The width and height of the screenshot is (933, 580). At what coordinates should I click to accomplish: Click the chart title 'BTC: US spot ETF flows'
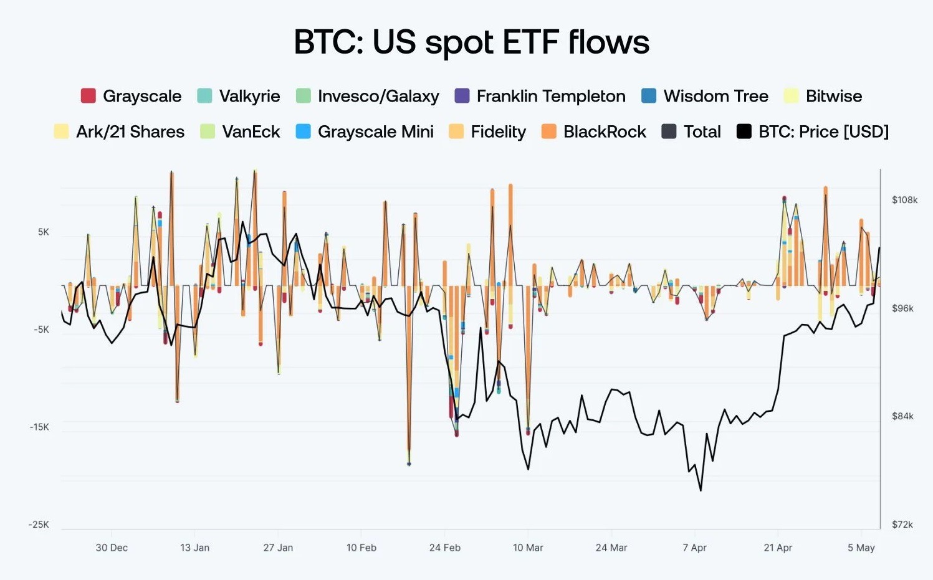471,42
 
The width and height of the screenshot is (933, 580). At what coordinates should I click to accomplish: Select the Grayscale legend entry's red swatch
89,96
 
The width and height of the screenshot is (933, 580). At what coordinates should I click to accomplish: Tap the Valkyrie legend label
249,96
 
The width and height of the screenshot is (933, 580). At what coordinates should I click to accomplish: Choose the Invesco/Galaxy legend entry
378,96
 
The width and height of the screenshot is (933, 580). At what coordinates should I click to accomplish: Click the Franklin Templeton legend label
550,96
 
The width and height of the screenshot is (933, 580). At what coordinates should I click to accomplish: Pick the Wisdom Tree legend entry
715,96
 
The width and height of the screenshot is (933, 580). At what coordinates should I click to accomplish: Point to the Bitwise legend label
833,96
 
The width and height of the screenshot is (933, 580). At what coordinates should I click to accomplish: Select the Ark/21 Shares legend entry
130,131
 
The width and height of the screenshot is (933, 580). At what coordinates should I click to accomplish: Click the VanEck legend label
251,131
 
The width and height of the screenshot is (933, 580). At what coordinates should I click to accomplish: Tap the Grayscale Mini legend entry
375,131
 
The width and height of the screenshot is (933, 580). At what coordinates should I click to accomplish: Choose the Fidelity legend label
498,131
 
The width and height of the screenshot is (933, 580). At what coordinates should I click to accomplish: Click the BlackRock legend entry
604,131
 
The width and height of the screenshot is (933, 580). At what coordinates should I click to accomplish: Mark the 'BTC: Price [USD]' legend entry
823,131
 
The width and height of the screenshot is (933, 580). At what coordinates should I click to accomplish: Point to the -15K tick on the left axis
39,427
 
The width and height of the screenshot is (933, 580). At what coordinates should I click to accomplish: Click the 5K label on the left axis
43,232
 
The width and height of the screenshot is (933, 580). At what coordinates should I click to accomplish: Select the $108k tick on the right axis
904,200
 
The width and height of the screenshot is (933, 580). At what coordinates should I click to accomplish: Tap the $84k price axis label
902,416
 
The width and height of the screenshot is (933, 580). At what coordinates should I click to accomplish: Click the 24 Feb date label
444,548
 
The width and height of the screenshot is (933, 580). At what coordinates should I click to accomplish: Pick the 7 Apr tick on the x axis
694,548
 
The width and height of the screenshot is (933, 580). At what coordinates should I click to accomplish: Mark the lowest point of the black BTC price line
701,490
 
